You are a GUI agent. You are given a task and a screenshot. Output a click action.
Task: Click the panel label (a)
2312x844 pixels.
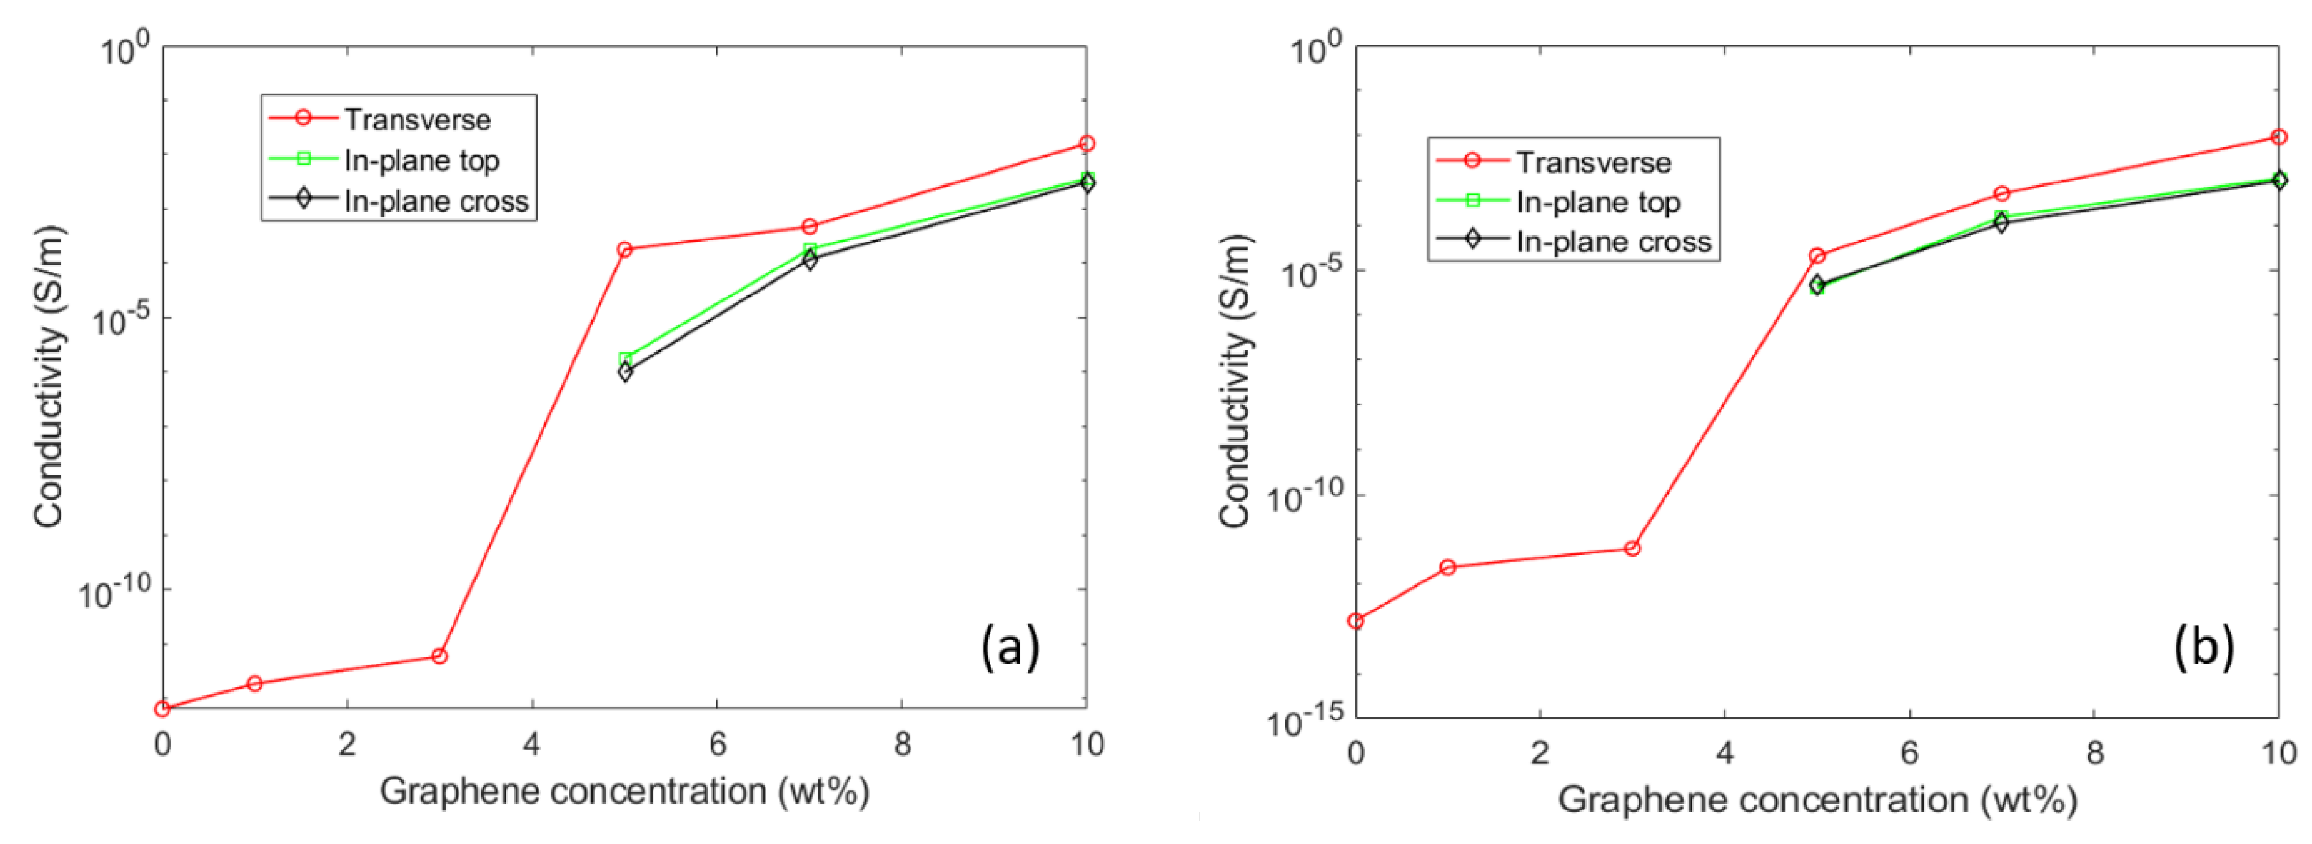1010,646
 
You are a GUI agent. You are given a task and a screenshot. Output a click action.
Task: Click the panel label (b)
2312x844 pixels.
2203,646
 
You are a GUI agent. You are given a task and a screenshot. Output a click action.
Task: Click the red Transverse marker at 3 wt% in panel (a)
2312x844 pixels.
439,656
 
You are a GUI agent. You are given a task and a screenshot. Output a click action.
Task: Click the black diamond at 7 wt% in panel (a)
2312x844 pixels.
810,261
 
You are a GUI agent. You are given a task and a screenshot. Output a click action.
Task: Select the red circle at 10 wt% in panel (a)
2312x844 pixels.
1087,144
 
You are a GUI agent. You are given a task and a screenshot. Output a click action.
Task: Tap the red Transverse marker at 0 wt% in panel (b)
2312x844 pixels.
1355,621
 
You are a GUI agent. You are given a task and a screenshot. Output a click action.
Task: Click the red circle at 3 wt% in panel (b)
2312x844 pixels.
1632,549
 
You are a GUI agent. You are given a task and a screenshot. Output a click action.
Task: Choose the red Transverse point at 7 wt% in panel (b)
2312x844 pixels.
2001,194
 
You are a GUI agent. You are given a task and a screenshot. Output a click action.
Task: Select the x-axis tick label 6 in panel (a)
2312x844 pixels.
716,744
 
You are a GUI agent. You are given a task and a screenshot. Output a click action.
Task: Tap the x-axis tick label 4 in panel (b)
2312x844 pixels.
1724,752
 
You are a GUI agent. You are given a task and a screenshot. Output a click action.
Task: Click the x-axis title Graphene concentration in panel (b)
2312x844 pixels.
1817,799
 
